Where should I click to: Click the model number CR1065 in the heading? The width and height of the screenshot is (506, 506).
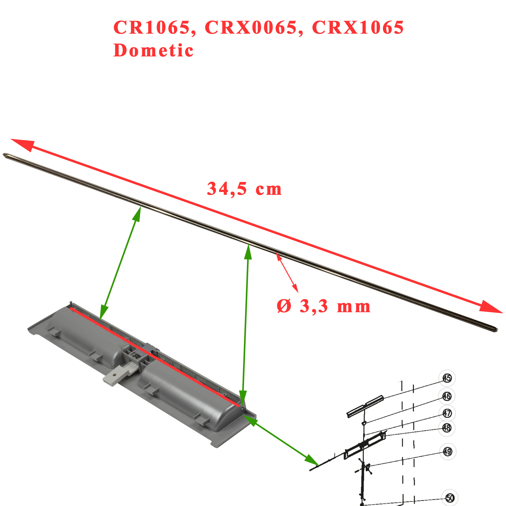click(152, 27)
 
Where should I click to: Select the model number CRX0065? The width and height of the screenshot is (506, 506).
click(251, 27)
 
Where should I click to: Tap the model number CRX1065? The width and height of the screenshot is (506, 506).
click(358, 27)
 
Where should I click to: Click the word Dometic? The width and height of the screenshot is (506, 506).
click(153, 50)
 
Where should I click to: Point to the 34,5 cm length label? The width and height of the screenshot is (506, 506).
click(244, 189)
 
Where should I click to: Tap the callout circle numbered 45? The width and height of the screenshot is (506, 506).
click(447, 378)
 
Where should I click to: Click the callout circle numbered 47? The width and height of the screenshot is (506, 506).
click(447, 413)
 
